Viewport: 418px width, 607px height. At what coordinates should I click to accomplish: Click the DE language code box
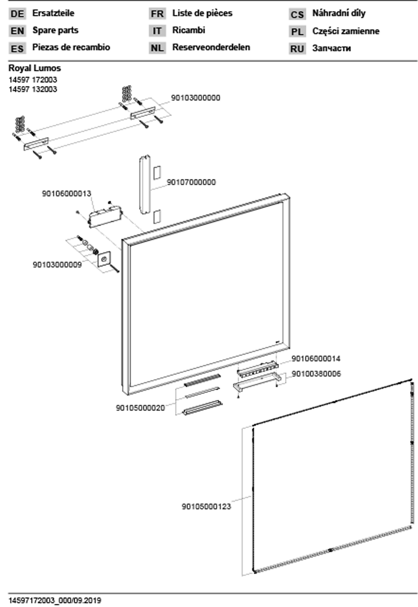(x=17, y=14)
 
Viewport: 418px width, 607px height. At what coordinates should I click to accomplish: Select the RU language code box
(x=297, y=49)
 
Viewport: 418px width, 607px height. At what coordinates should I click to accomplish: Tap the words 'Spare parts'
(x=55, y=30)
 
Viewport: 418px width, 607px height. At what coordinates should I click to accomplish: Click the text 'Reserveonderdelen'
(x=211, y=47)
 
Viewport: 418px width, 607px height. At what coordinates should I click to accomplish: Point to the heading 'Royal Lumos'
(x=35, y=68)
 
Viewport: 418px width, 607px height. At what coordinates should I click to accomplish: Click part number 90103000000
(x=195, y=98)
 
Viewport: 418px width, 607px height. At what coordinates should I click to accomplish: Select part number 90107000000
(x=191, y=182)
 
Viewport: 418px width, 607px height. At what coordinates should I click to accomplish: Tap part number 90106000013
(x=67, y=194)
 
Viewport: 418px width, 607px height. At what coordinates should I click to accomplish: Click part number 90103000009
(x=57, y=265)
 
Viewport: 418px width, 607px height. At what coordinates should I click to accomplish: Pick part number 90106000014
(x=316, y=359)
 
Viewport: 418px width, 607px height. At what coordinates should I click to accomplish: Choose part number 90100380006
(x=316, y=374)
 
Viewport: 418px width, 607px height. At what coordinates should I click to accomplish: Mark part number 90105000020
(x=140, y=408)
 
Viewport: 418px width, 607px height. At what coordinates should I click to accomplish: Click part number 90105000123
(x=206, y=507)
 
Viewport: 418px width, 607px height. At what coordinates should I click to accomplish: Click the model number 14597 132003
(x=33, y=89)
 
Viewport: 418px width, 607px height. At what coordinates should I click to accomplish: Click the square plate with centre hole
(x=104, y=259)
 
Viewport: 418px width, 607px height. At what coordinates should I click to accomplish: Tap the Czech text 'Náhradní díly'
(x=339, y=13)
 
